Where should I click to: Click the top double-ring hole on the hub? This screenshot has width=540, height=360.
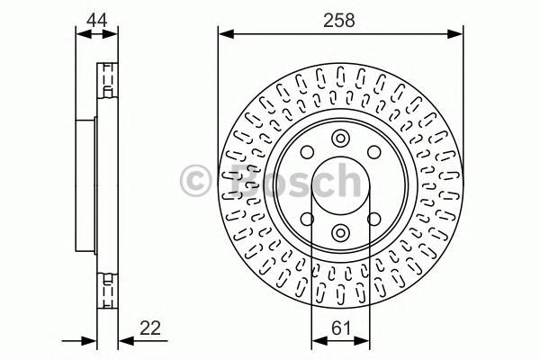[339, 138]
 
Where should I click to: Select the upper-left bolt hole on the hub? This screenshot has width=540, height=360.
[307, 153]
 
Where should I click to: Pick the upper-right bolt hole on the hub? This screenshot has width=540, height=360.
[372, 153]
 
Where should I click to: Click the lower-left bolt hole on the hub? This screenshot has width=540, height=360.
[307, 219]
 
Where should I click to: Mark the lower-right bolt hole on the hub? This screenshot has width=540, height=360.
[372, 219]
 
